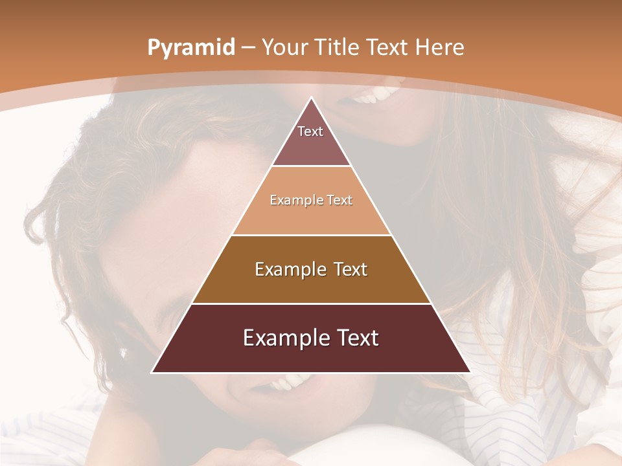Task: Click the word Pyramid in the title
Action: [x=190, y=48]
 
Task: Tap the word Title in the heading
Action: [x=338, y=47]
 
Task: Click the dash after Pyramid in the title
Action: [x=248, y=48]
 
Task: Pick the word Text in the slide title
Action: [x=388, y=47]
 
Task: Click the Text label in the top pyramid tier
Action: [x=310, y=131]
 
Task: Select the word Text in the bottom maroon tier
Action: [x=354, y=338]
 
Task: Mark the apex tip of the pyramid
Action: [x=311, y=98]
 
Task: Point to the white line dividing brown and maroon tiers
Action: [x=311, y=304]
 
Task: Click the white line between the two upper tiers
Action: [x=311, y=166]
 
